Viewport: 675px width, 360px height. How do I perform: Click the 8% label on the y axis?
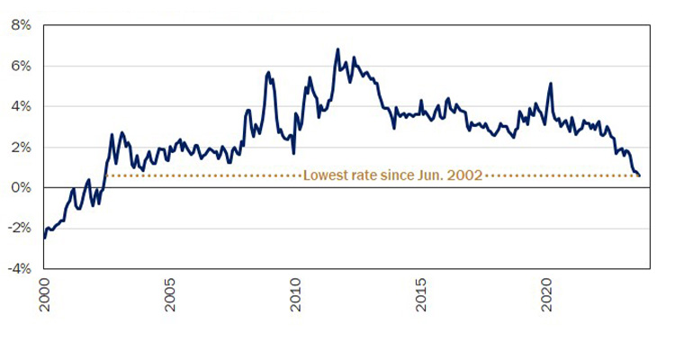coord(22,25)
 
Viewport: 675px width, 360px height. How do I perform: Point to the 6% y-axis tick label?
coord(22,66)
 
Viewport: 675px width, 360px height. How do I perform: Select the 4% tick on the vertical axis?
coord(22,106)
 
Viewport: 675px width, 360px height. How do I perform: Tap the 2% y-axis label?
coord(22,147)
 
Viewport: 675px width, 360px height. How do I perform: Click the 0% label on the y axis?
coord(22,187)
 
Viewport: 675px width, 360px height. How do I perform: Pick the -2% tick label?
coord(21,228)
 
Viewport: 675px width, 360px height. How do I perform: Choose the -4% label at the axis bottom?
coord(21,268)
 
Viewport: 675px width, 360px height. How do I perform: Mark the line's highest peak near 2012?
coord(337,49)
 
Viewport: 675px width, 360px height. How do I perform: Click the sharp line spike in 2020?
coord(550,84)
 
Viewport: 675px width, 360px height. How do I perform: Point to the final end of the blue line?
coord(639,175)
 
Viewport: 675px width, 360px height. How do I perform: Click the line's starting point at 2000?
coord(44,237)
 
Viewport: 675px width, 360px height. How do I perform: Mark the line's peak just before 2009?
coord(268,72)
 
